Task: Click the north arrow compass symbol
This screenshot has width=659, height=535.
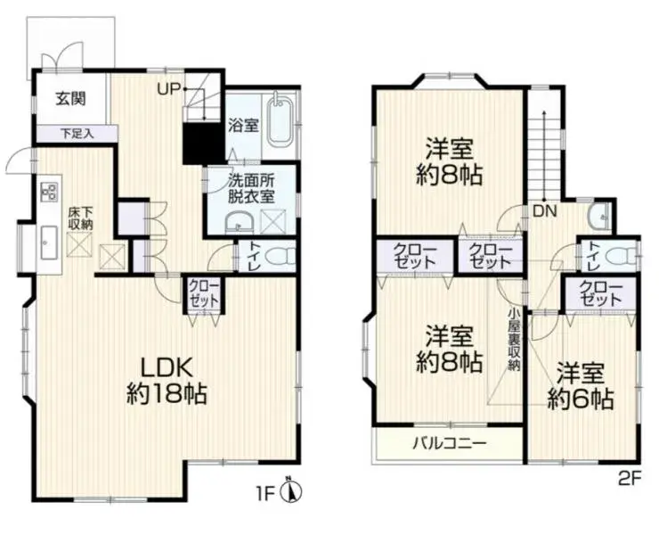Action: click(x=293, y=490)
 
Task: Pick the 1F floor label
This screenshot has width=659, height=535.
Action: click(x=265, y=491)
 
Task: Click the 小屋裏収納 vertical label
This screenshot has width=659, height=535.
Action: click(x=514, y=344)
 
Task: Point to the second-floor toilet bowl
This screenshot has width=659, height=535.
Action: click(x=621, y=256)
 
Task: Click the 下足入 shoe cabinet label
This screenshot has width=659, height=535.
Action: click(x=77, y=135)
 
